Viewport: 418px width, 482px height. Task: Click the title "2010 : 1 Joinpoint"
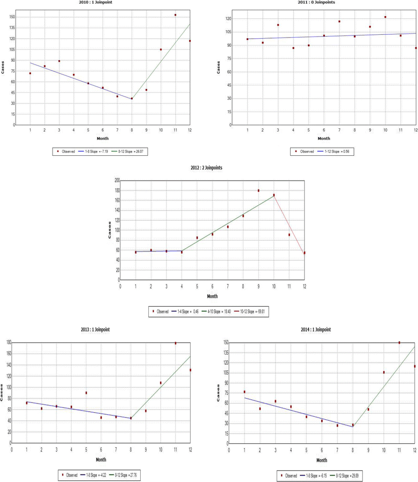102,2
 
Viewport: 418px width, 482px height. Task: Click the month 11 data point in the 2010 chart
175,15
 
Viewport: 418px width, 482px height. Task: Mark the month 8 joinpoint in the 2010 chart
132,98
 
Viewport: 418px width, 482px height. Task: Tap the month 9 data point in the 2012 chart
258,191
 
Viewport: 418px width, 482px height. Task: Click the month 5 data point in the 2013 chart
86,393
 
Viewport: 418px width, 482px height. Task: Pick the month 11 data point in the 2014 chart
399,343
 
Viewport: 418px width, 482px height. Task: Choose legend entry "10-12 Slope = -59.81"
248,311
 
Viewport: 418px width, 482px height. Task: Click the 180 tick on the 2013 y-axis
7,342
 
